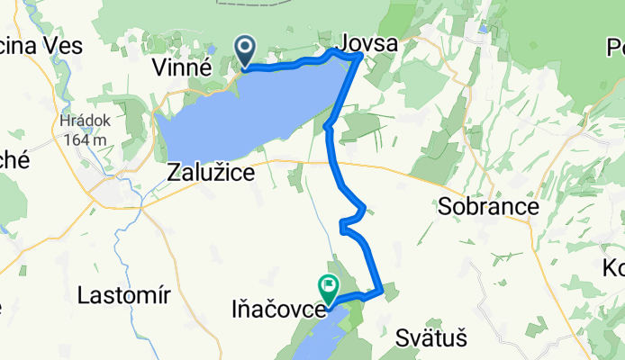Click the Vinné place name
click(181, 66)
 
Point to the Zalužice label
click(211, 172)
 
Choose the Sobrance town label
click(488, 206)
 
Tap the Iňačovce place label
click(273, 311)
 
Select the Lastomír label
click(121, 294)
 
